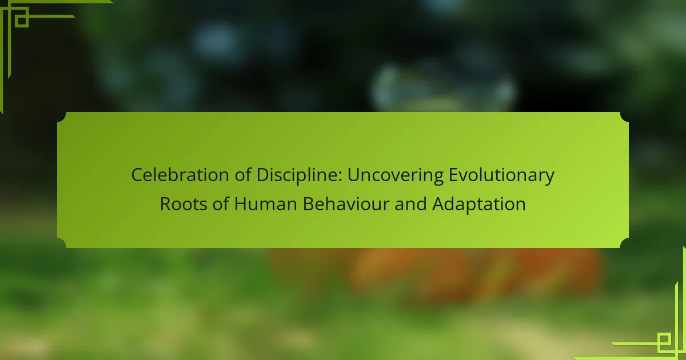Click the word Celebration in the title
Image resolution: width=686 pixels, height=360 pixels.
click(x=180, y=175)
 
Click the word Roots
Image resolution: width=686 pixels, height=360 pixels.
click(x=184, y=204)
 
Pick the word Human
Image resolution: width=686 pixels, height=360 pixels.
click(x=265, y=204)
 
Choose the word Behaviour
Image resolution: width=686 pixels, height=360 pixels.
click(x=346, y=203)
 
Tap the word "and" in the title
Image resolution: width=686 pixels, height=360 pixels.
click(x=410, y=203)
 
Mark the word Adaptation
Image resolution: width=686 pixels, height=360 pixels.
click(x=478, y=204)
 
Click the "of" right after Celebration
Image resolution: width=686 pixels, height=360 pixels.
click(x=243, y=174)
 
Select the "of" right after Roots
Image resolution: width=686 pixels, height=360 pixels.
click(x=221, y=203)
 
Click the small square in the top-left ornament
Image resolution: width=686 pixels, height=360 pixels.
click(x=22, y=21)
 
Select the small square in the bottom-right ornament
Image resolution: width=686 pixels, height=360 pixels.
click(x=664, y=339)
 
